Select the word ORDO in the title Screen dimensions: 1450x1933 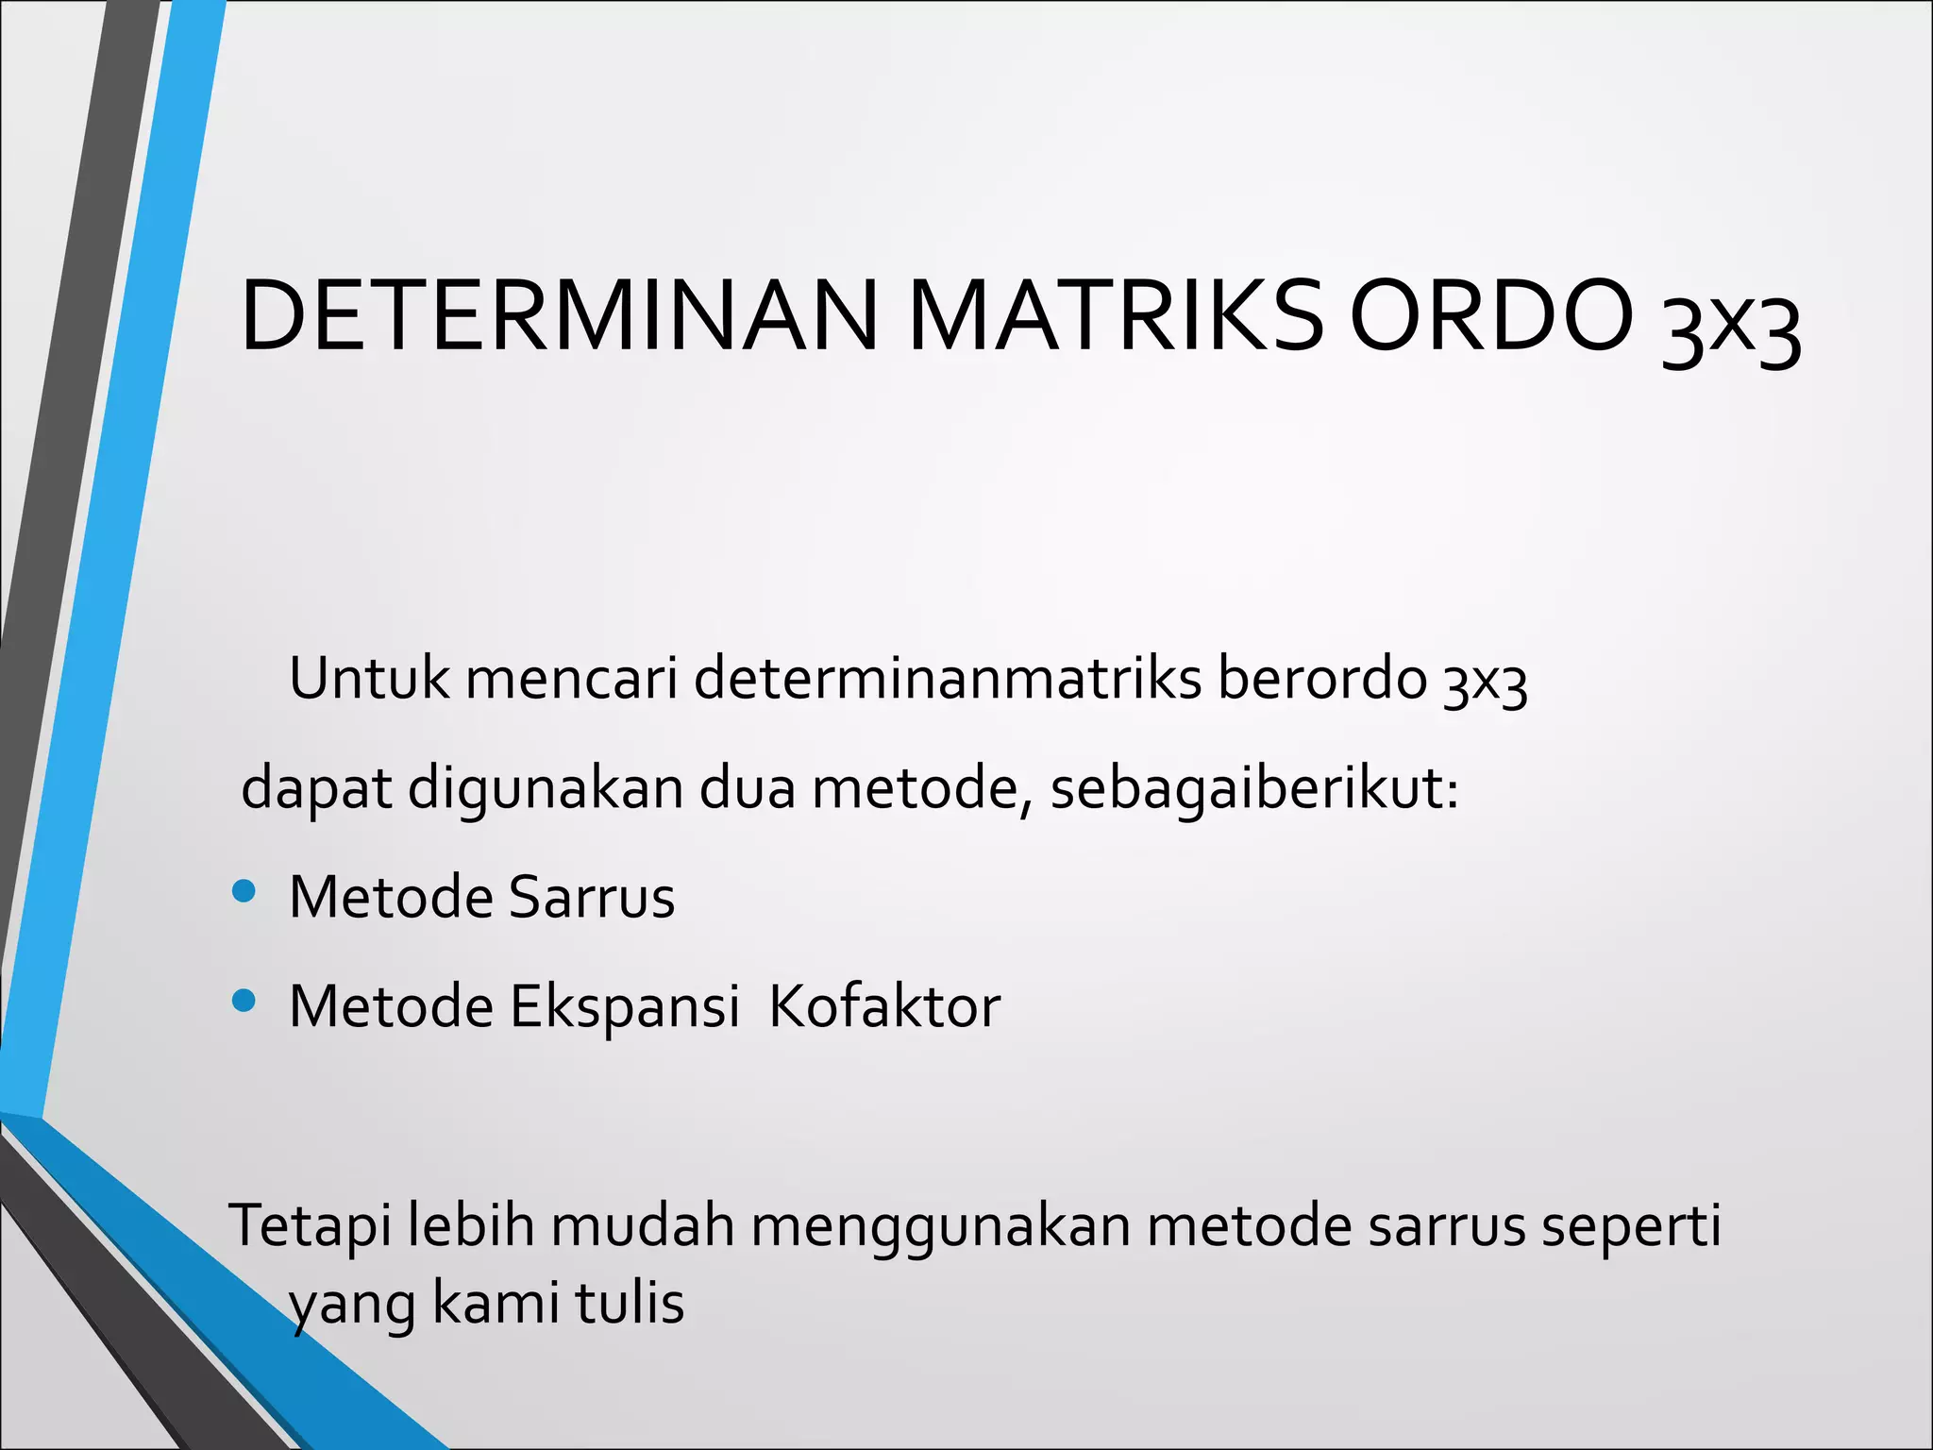[x=1491, y=317]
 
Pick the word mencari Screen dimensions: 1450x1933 [x=572, y=678]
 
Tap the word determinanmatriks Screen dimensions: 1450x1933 [x=948, y=678]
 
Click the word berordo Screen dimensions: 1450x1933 [x=1321, y=678]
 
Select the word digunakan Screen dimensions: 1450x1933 [x=546, y=788]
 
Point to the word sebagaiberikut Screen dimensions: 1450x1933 [x=1254, y=788]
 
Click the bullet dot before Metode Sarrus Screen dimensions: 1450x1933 [x=244, y=891]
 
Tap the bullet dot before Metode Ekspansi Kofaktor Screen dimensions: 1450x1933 [x=244, y=1001]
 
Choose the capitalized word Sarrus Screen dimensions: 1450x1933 [x=592, y=897]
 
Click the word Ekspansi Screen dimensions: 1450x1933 [x=624, y=1007]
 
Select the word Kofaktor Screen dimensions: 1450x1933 [x=884, y=1006]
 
